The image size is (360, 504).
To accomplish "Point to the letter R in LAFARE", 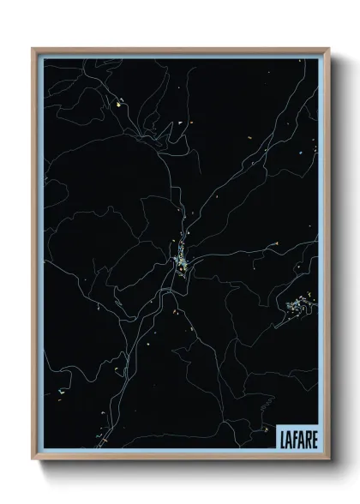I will click(305, 438).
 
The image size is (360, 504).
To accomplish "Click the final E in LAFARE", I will click(312, 438).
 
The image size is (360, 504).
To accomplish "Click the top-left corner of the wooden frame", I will click(33, 49).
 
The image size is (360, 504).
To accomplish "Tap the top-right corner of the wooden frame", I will click(327, 49).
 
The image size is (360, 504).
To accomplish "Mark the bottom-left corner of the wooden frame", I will click(33, 459).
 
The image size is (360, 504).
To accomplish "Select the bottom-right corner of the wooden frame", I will click(327, 459).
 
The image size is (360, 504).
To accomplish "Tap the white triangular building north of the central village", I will click(180, 123).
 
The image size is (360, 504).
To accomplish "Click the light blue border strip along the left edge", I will click(40, 257).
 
